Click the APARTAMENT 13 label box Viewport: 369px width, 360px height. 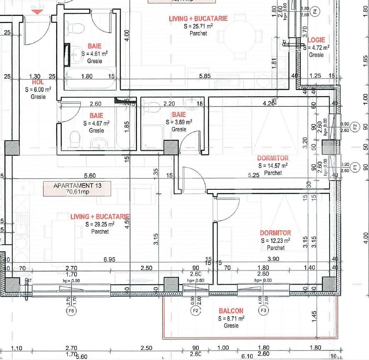coord(77,189)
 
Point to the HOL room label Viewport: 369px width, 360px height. coord(38,82)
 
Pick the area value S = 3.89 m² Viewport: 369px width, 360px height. coord(179,122)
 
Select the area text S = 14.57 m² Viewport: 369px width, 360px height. coord(272,166)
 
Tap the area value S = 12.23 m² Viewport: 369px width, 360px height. coord(275,240)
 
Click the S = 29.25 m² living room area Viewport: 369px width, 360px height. coord(100,224)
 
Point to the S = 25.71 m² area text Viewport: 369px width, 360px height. coord(198,26)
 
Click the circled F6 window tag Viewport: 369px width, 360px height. coord(72,311)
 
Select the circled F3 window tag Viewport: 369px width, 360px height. coord(263,310)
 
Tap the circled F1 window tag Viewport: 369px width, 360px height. coord(355,167)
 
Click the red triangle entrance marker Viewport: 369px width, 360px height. coord(37,12)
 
